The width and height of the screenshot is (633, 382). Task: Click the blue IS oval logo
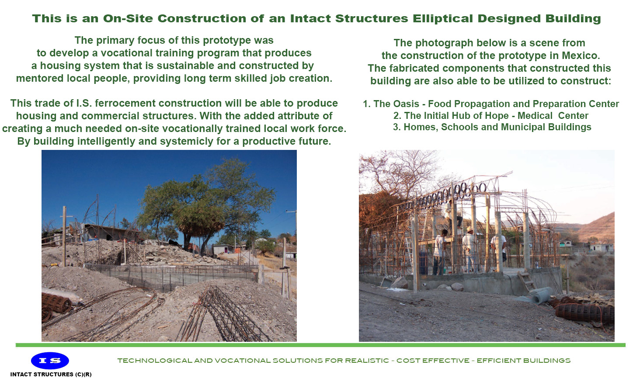click(x=50, y=361)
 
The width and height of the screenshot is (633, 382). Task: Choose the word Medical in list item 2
click(x=535, y=116)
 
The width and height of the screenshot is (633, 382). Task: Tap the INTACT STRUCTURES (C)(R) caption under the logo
click(x=51, y=375)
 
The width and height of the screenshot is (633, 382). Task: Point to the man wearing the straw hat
click(x=470, y=247)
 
